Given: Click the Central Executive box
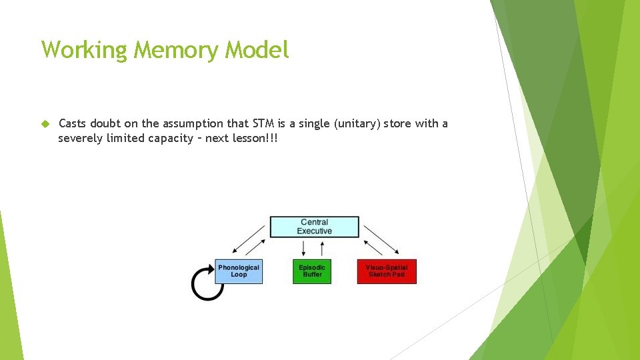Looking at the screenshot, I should click(x=314, y=227).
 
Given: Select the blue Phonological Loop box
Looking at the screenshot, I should click(x=239, y=271).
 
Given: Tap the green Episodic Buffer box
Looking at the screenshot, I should click(x=312, y=271).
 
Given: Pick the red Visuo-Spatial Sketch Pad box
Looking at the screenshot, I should click(x=387, y=271).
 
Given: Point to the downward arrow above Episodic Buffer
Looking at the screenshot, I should click(x=304, y=248).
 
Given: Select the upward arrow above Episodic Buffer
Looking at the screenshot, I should click(x=323, y=248).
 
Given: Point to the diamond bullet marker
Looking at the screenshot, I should click(x=45, y=124).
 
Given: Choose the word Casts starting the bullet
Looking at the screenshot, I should click(x=73, y=123).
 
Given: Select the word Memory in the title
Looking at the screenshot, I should click(x=178, y=49).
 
